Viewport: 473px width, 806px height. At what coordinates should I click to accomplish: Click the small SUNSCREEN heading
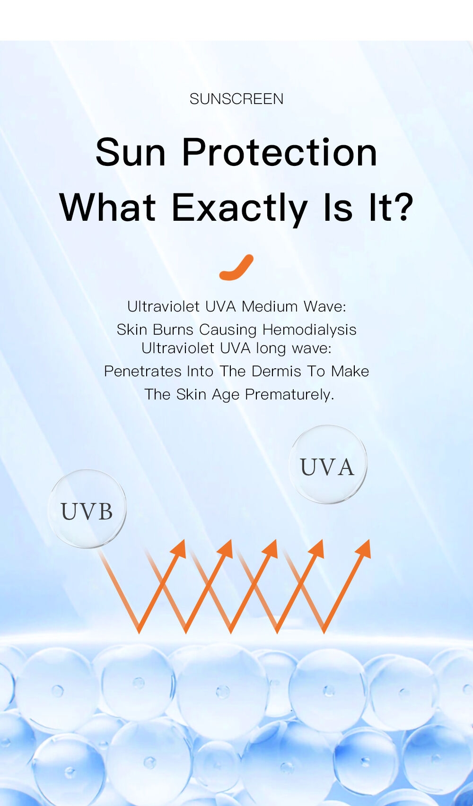coord(236,99)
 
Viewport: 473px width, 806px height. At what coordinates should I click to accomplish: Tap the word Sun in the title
coord(131,152)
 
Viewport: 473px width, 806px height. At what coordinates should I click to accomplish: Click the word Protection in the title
coord(280,152)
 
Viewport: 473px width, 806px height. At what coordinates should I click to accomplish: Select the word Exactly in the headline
coord(239,208)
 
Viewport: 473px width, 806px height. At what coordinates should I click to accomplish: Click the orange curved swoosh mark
coord(236,268)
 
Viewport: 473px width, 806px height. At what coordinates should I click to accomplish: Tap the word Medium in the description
coord(270,307)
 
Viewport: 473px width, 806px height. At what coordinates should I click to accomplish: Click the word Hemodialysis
coord(309,329)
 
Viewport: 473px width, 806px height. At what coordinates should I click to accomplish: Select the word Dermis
coord(276,372)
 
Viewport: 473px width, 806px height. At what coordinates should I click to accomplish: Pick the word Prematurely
coord(289,395)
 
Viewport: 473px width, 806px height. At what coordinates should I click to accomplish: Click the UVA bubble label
coord(327,467)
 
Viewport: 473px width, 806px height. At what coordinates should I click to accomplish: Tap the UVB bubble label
coord(87,511)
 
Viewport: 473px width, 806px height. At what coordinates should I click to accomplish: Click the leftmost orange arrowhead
coord(179,549)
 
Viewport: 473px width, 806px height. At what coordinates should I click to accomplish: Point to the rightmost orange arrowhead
coord(364,549)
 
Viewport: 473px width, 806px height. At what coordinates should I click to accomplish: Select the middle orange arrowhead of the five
coord(271,549)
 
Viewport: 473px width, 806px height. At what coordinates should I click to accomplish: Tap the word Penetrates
coord(142,372)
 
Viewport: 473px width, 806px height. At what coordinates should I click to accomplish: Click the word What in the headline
coord(108,208)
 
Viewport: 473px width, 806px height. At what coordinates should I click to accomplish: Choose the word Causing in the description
coord(228,330)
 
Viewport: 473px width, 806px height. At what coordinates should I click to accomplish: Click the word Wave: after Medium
coord(324,307)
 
